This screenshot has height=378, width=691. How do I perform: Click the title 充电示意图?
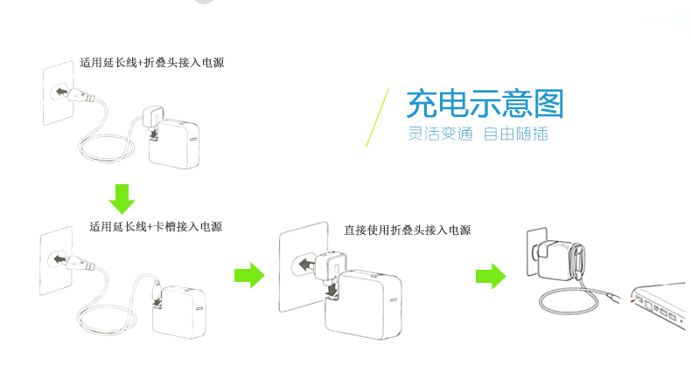pos(485,104)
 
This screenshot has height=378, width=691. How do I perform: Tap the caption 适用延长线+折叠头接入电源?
pos(157,63)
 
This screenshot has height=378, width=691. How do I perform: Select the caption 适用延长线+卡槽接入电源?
pos(156,227)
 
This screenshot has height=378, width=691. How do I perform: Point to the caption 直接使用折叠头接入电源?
pos(407,230)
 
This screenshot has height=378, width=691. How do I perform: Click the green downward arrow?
pos(122,198)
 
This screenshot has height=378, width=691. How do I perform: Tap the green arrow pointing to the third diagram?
pos(249,275)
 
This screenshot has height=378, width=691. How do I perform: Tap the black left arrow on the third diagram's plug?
pos(305,262)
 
